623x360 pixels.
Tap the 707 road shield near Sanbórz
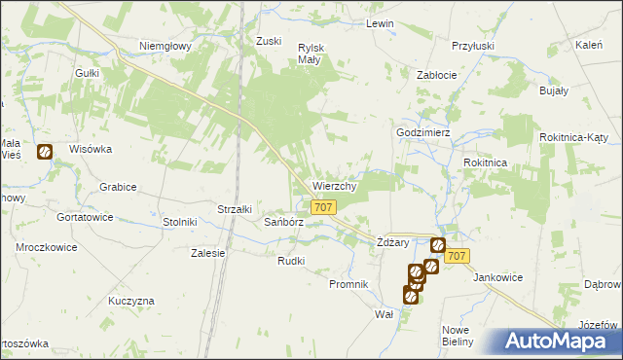pyautogui.click(x=324, y=207)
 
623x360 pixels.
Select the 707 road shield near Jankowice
pyautogui.click(x=458, y=255)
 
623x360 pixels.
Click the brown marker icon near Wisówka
pyautogui.click(x=45, y=152)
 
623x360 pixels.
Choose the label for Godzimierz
pyautogui.click(x=421, y=132)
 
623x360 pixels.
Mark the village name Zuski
pyautogui.click(x=268, y=41)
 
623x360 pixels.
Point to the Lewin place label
pyautogui.click(x=379, y=23)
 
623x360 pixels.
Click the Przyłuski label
pyautogui.click(x=473, y=46)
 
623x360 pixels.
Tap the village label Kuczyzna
pyautogui.click(x=131, y=301)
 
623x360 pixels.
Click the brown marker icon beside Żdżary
pyautogui.click(x=437, y=246)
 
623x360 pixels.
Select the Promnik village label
pyautogui.click(x=348, y=284)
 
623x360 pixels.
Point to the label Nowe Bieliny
pyautogui.click(x=457, y=335)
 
